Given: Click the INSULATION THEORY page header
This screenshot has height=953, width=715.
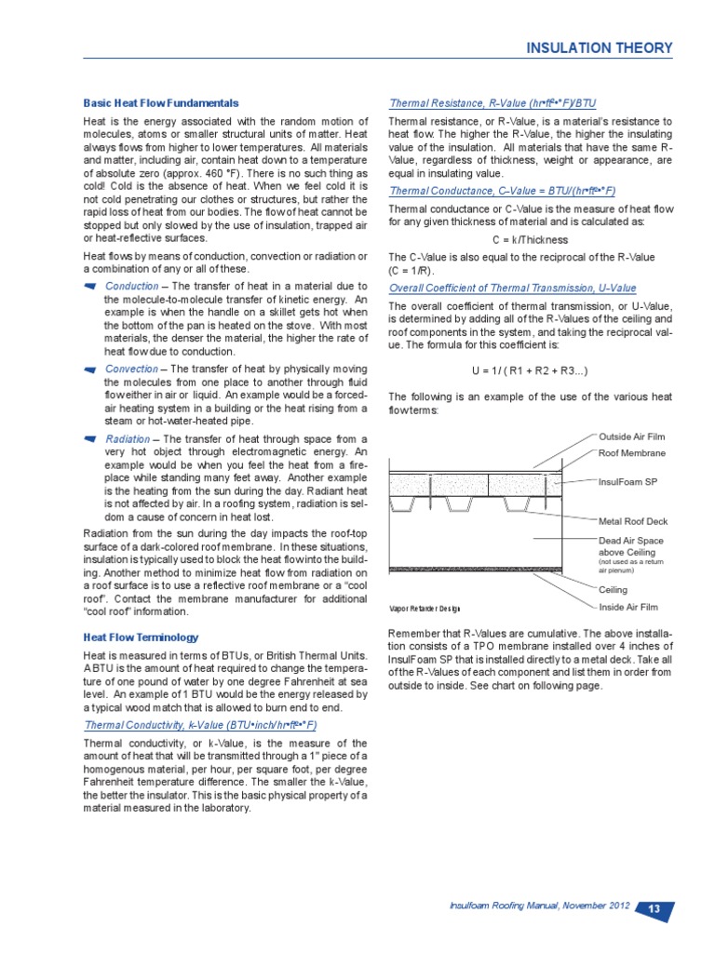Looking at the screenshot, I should point(600,47).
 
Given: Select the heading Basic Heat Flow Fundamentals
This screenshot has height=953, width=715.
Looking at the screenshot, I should point(161,102).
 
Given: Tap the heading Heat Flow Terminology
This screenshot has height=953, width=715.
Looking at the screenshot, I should point(141,638).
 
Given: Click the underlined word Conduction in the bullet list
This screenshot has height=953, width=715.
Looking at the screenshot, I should point(131,286).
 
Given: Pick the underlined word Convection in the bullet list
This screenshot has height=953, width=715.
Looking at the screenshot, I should point(132,369).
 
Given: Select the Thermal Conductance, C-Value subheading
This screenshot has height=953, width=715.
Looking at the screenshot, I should point(502,190).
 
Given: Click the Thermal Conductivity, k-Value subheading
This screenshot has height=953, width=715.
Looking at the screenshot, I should point(201,724).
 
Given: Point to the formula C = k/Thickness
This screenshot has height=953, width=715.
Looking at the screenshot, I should point(530,240).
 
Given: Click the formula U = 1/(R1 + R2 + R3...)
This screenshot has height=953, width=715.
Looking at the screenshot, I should point(530,370).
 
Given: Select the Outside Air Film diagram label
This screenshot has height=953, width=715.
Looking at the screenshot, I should point(631,436).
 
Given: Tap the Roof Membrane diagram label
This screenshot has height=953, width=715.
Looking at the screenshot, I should point(632,453).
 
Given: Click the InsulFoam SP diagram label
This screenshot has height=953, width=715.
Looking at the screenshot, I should point(627,482).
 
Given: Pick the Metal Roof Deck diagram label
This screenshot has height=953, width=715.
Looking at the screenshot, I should point(632,521).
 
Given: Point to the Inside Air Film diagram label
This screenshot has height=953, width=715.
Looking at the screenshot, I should point(627,607).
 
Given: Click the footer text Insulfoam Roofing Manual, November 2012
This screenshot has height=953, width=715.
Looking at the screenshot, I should point(539,906).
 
